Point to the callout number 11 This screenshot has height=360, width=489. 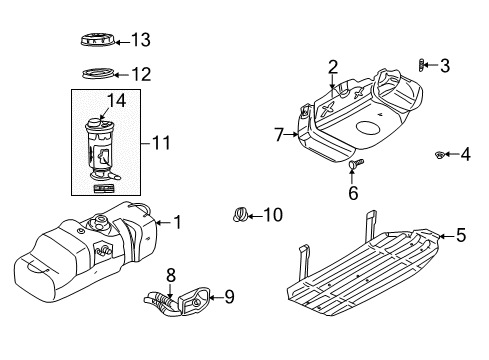tap(160, 143)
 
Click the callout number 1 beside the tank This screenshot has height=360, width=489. tap(177, 222)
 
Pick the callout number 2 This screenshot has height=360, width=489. tap(332, 67)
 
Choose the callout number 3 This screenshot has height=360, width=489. tap(445, 66)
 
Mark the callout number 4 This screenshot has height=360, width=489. tap(465, 154)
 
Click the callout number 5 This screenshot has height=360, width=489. tap(460, 236)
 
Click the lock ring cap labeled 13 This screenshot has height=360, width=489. tap(96, 40)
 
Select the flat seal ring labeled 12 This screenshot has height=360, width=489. tap(97, 73)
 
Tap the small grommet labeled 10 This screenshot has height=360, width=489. tap(240, 213)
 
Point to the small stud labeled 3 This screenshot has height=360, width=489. tap(422, 66)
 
